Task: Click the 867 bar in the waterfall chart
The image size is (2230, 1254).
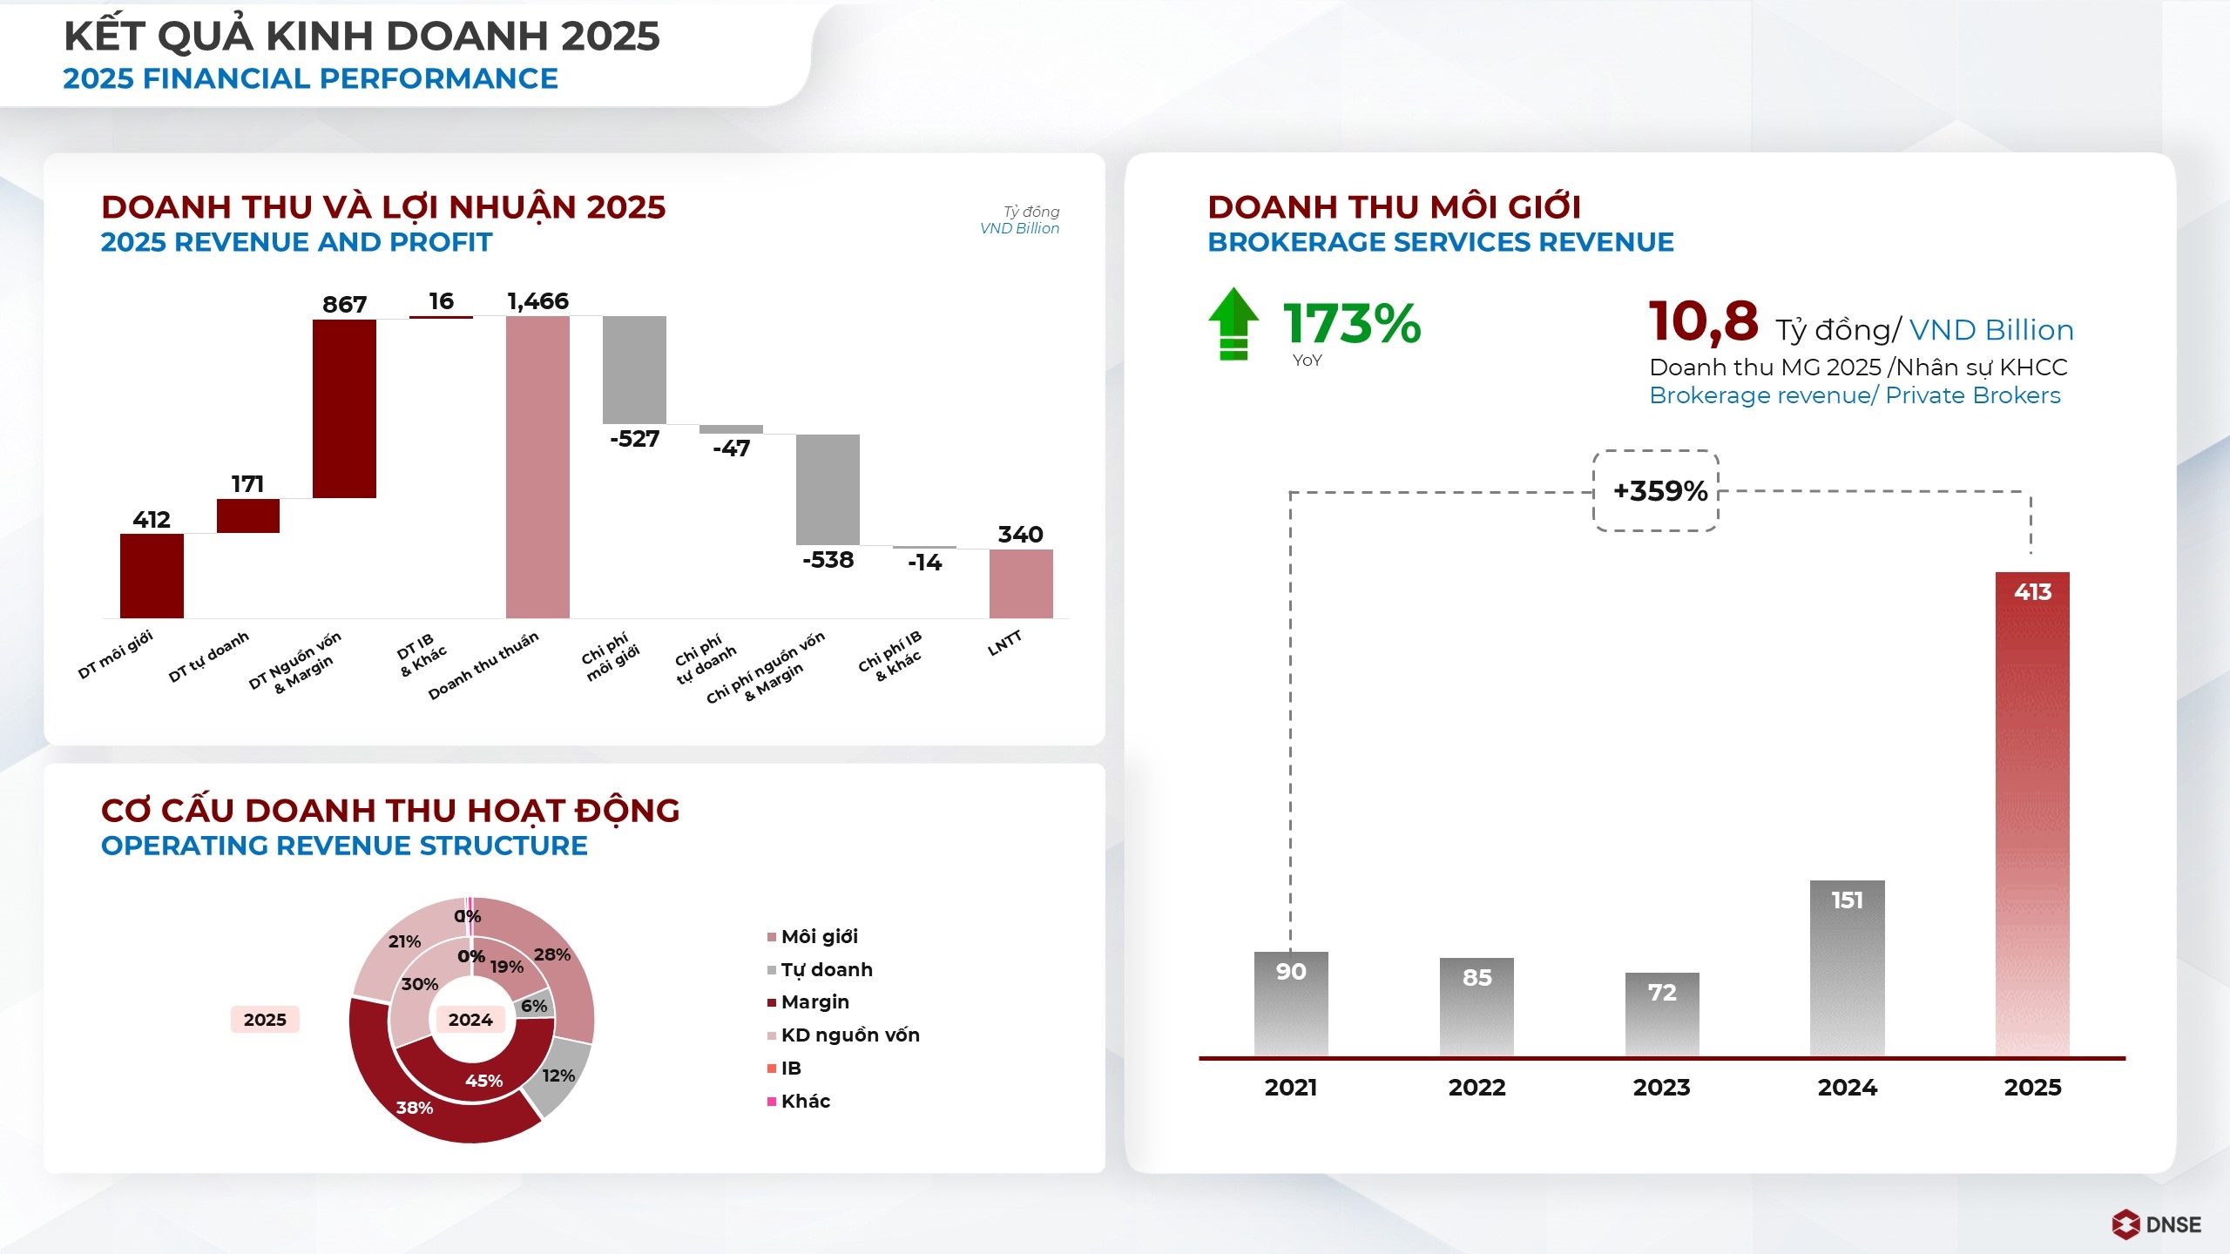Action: pyautogui.click(x=344, y=408)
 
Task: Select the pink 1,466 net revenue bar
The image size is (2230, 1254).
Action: pyautogui.click(x=537, y=467)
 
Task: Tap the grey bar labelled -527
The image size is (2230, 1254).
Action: pyautogui.click(x=634, y=369)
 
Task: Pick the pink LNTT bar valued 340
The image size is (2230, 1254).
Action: pyautogui.click(x=1021, y=583)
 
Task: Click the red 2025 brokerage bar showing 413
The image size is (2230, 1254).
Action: pyautogui.click(x=2032, y=813)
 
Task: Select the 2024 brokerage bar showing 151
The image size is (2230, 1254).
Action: pyautogui.click(x=1847, y=968)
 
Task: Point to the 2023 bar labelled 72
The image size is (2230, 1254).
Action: pyautogui.click(x=1662, y=1015)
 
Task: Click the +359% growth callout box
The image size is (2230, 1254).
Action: pyautogui.click(x=1656, y=491)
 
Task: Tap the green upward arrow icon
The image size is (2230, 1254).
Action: pyautogui.click(x=1233, y=324)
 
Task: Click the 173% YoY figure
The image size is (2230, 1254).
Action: pyautogui.click(x=1352, y=324)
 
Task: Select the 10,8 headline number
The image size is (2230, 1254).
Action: pyautogui.click(x=1703, y=320)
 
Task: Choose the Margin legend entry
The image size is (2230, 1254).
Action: pyautogui.click(x=814, y=1002)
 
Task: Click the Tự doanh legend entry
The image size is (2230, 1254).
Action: pyautogui.click(x=826, y=970)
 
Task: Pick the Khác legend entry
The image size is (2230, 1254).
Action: pyautogui.click(x=805, y=1102)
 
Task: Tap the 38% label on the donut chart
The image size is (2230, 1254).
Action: pyautogui.click(x=414, y=1108)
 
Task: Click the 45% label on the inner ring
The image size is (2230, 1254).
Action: pyautogui.click(x=483, y=1081)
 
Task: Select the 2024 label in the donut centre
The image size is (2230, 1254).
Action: pyautogui.click(x=470, y=1020)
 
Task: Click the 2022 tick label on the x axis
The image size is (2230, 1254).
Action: pyautogui.click(x=1477, y=1088)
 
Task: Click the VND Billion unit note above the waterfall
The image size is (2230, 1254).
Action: pyautogui.click(x=1019, y=229)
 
